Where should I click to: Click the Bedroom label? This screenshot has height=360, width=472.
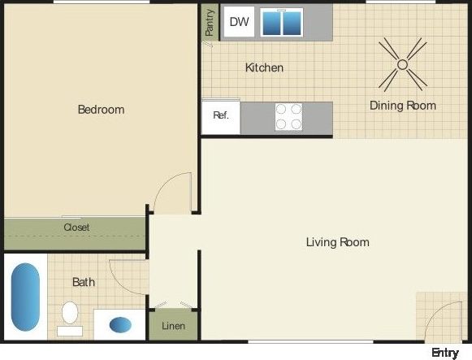pyautogui.click(x=101, y=109)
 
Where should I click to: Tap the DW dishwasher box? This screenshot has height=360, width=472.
pyautogui.click(x=239, y=22)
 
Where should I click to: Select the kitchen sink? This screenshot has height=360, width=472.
pyautogui.click(x=282, y=23)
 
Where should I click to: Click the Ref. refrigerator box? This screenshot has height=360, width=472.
pyautogui.click(x=221, y=115)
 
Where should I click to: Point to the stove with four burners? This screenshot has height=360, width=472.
pyautogui.click(x=288, y=116)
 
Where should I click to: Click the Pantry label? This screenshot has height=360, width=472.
pyautogui.click(x=210, y=23)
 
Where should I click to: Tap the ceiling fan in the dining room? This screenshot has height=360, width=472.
pyautogui.click(x=402, y=64)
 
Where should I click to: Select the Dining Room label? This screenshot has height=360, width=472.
pyautogui.click(x=402, y=106)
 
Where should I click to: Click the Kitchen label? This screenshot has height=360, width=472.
pyautogui.click(x=264, y=67)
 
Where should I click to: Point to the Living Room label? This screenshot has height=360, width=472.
pyautogui.click(x=337, y=242)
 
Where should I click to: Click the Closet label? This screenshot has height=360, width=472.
pyautogui.click(x=76, y=228)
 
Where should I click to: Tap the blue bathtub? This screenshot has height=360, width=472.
pyautogui.click(x=25, y=296)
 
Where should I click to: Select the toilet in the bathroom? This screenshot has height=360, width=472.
pyautogui.click(x=70, y=314)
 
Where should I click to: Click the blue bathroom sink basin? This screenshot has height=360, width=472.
pyautogui.click(x=120, y=324)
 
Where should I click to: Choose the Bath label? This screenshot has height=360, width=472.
pyautogui.click(x=84, y=282)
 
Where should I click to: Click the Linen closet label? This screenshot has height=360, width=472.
pyautogui.click(x=173, y=327)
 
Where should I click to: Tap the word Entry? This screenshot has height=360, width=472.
pyautogui.click(x=445, y=352)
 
